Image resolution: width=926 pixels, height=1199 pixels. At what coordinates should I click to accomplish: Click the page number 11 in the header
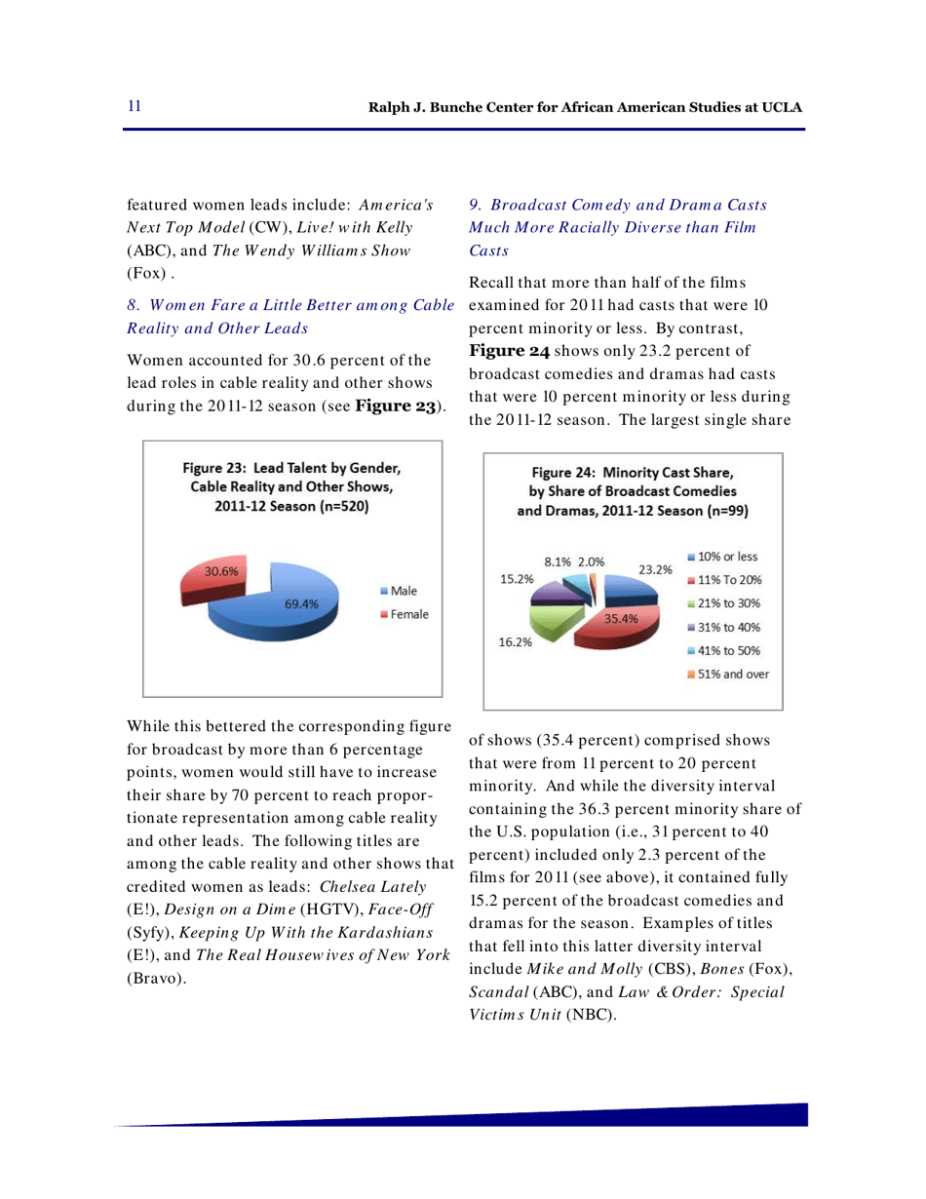click(134, 105)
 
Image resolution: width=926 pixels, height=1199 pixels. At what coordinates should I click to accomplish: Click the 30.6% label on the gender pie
click(207, 572)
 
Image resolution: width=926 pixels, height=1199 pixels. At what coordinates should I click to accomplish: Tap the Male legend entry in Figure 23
click(399, 592)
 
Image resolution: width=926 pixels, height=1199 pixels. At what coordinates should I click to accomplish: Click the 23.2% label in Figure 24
click(652, 569)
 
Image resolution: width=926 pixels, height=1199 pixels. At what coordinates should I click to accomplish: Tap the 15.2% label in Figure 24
click(517, 578)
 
